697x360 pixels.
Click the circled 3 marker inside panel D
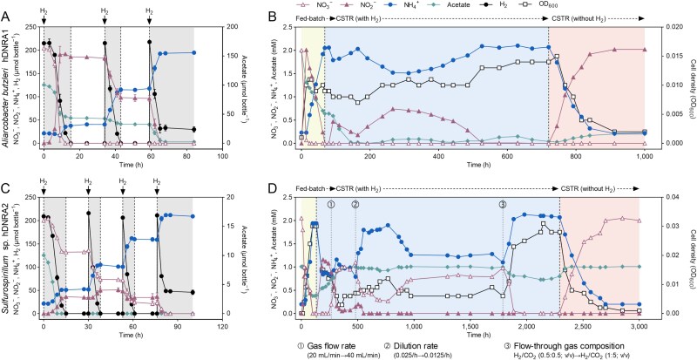[x=503, y=204]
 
